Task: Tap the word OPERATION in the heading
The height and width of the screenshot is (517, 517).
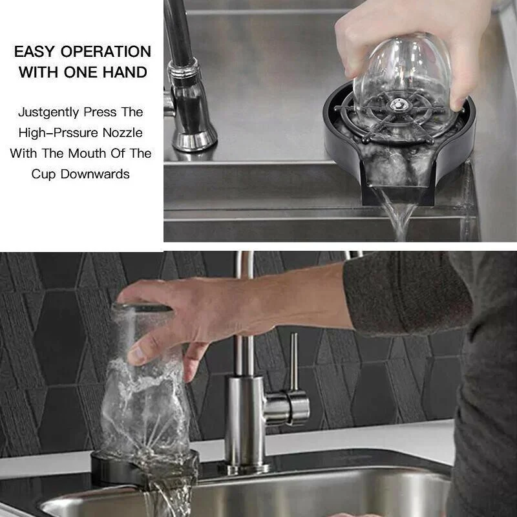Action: pyautogui.click(x=107, y=52)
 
